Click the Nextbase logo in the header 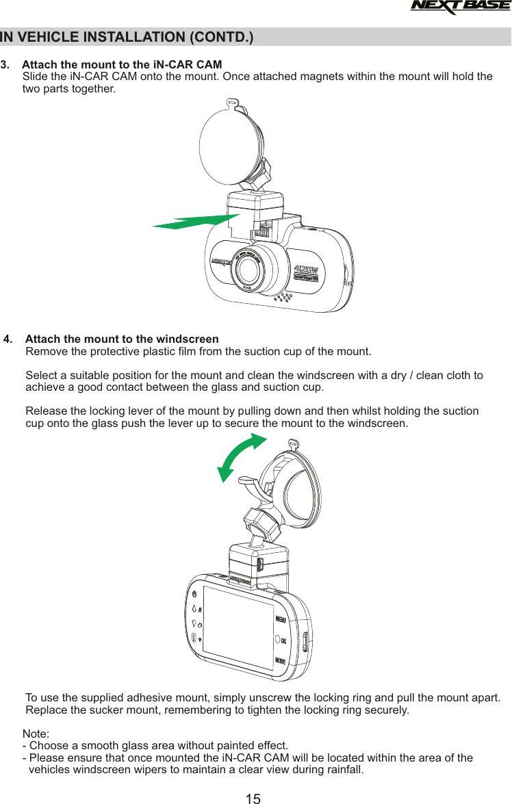click(x=460, y=8)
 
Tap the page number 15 click(x=253, y=798)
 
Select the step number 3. click(x=5, y=65)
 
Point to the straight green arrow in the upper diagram click(x=196, y=222)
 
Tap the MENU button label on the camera click(x=281, y=620)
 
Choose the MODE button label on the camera click(x=281, y=660)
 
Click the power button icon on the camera click(x=195, y=593)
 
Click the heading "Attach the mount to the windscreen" click(x=122, y=339)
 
